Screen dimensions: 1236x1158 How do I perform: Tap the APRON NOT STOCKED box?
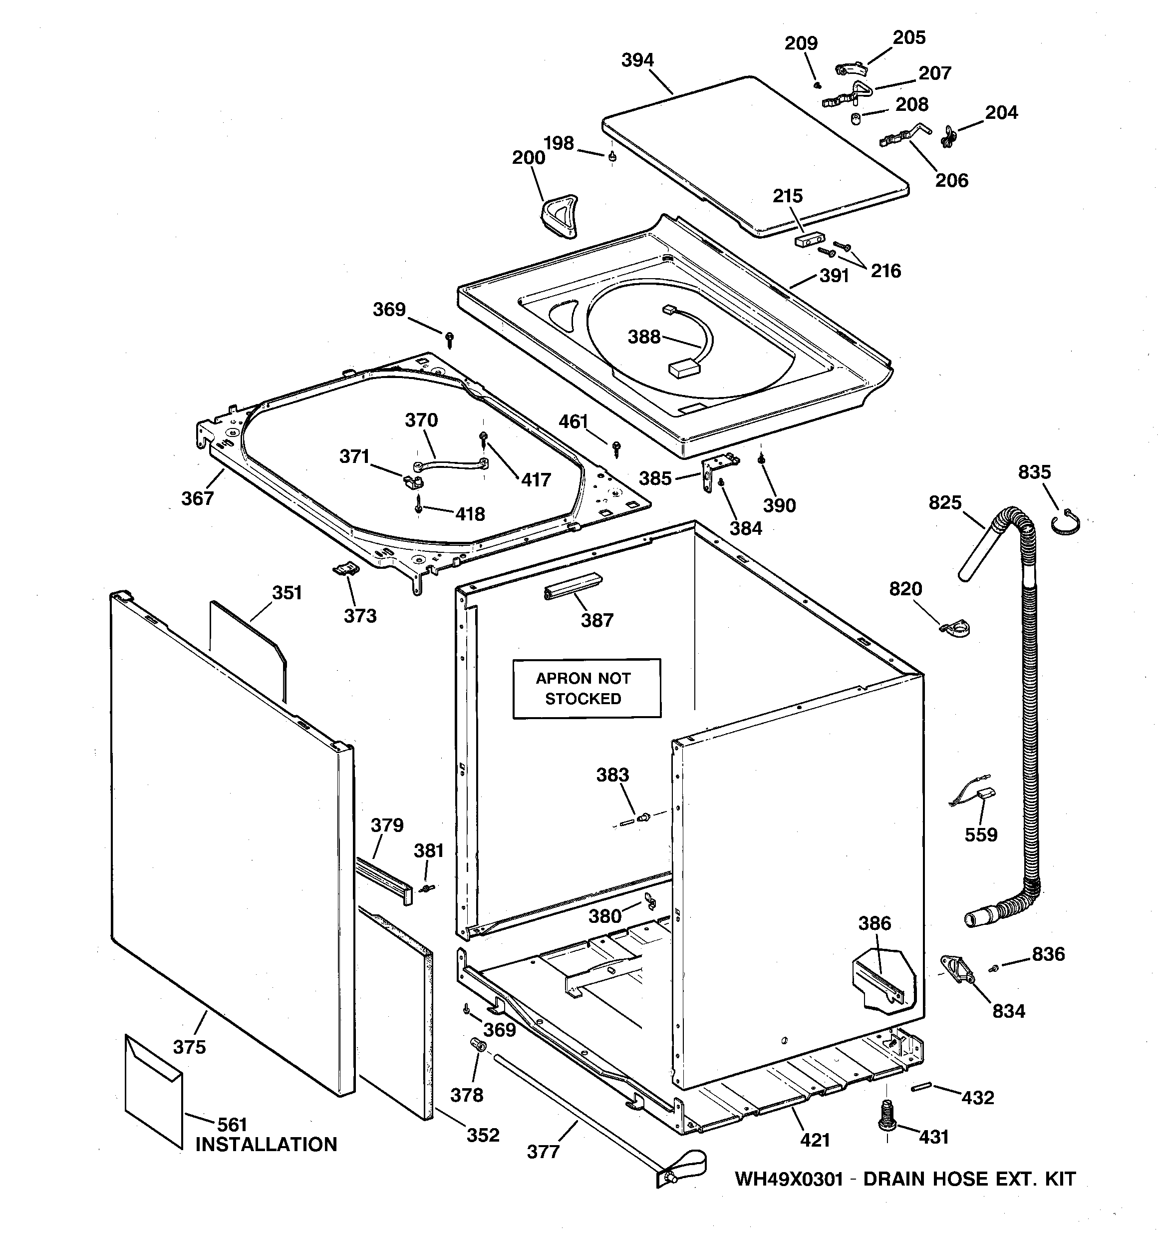click(x=586, y=688)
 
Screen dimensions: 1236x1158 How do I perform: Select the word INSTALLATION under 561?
click(x=266, y=1145)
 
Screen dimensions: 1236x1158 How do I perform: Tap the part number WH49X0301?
click(x=789, y=1179)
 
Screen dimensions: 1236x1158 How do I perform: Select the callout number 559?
click(x=981, y=834)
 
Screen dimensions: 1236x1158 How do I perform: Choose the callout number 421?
click(x=815, y=1140)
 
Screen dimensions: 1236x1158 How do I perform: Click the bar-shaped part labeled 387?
click(x=573, y=586)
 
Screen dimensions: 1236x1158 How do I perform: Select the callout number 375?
click(x=189, y=1047)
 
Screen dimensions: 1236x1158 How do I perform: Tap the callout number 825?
click(x=945, y=502)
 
